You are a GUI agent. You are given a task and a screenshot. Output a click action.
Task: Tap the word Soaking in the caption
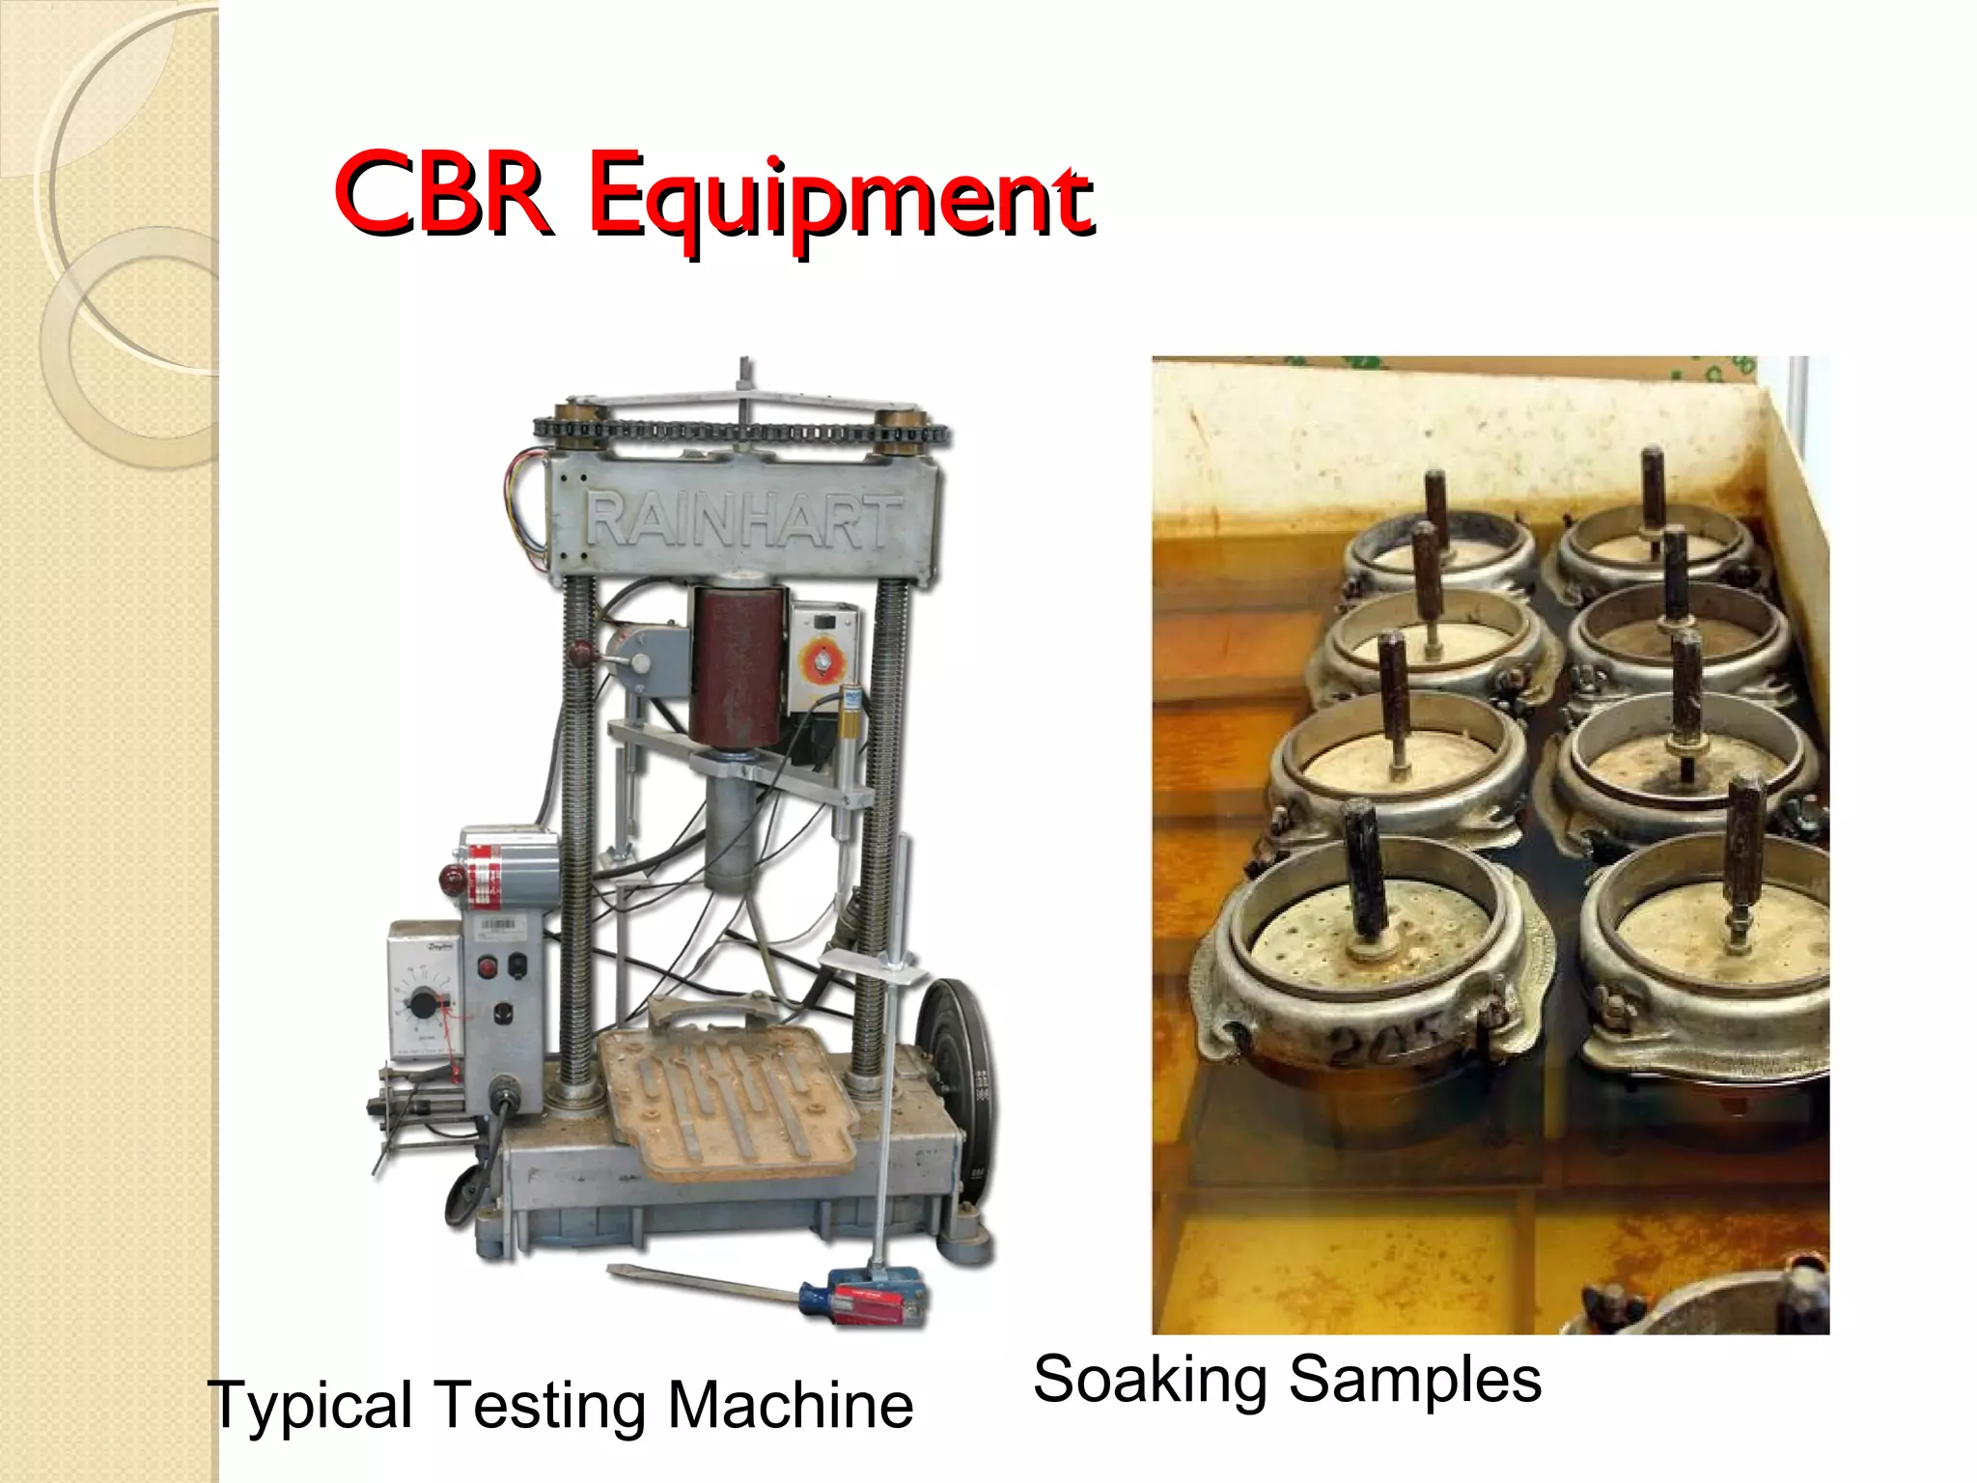(x=1149, y=1378)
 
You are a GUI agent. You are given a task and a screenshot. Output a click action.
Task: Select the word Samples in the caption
(x=1415, y=1378)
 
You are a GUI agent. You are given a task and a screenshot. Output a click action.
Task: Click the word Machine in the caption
(x=791, y=1405)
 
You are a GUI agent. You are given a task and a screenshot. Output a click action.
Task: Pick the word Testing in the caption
(x=542, y=1407)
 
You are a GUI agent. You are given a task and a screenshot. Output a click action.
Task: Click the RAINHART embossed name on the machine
(x=744, y=522)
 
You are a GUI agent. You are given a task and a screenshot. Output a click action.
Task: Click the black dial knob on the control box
(x=422, y=1005)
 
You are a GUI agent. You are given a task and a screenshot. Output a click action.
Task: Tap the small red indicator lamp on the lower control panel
(x=488, y=965)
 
